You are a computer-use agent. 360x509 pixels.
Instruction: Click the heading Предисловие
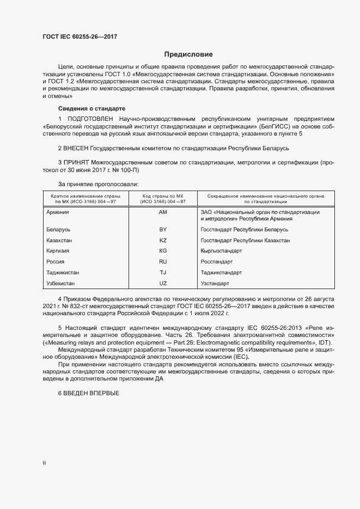(188, 54)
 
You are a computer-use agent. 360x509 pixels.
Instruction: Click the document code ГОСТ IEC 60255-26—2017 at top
(80, 37)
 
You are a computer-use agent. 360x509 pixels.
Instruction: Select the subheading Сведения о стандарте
(91, 108)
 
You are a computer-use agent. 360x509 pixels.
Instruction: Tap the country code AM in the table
(163, 212)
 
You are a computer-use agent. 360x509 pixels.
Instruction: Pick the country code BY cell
(163, 230)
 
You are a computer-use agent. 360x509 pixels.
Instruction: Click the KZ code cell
(163, 241)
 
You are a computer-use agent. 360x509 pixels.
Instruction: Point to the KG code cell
(163, 251)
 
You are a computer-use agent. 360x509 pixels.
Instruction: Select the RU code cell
(163, 262)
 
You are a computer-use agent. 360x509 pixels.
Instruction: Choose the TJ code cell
(163, 272)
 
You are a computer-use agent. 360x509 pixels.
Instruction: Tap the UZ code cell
(163, 283)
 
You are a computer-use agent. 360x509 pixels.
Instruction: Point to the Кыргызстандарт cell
(221, 251)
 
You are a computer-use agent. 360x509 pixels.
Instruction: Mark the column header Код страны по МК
(163, 195)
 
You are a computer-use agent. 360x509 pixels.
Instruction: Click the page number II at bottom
(44, 463)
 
